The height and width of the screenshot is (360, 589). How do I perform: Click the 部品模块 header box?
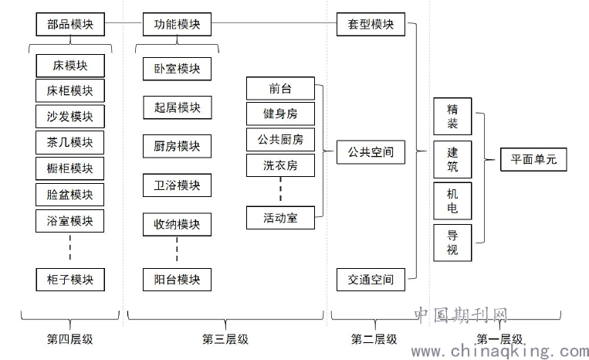tap(70, 25)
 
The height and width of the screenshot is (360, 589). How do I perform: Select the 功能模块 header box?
tap(177, 25)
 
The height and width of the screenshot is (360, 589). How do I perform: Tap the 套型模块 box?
tap(371, 25)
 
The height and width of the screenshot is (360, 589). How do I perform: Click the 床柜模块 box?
tap(70, 90)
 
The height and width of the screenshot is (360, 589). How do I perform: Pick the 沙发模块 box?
tap(70, 117)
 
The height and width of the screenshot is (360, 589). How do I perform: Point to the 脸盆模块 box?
tap(70, 195)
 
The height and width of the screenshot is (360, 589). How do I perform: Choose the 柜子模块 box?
tap(70, 280)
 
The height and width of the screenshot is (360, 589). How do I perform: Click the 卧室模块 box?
tap(177, 69)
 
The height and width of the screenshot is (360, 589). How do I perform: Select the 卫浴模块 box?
tap(177, 185)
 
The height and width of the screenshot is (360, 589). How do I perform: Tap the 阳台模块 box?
tap(177, 280)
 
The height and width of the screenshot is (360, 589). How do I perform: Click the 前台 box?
tap(280, 89)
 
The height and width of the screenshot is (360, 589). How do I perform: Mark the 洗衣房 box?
tap(280, 165)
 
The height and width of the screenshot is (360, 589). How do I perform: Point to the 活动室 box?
tap(280, 218)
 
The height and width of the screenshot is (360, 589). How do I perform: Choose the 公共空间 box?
tap(371, 152)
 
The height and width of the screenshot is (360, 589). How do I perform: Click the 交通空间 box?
tap(371, 280)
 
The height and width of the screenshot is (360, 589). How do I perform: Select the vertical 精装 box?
tap(452, 117)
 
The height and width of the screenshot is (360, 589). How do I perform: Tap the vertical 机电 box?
tap(452, 201)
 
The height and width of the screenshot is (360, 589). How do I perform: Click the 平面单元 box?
tap(533, 159)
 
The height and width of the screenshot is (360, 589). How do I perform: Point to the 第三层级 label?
tap(225, 339)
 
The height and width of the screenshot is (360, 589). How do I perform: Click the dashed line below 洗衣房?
tap(280, 189)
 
